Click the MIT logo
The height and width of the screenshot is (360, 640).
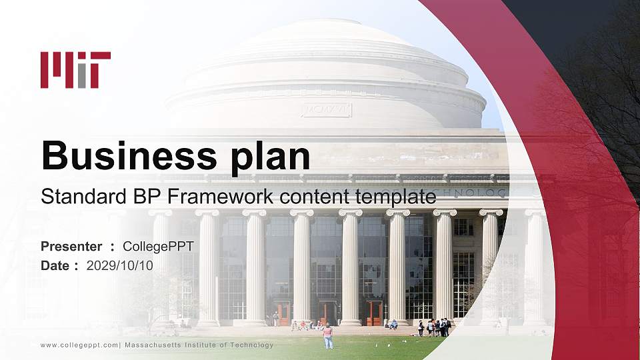click(x=75, y=69)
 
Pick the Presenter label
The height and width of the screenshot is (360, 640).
click(x=71, y=247)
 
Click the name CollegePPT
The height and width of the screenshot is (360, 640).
click(x=158, y=247)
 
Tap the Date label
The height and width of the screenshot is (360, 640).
click(x=56, y=265)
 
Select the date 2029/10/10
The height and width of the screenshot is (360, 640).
click(x=120, y=265)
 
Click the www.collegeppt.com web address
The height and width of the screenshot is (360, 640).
click(x=79, y=345)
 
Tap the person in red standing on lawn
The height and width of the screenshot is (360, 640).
click(x=328, y=335)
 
